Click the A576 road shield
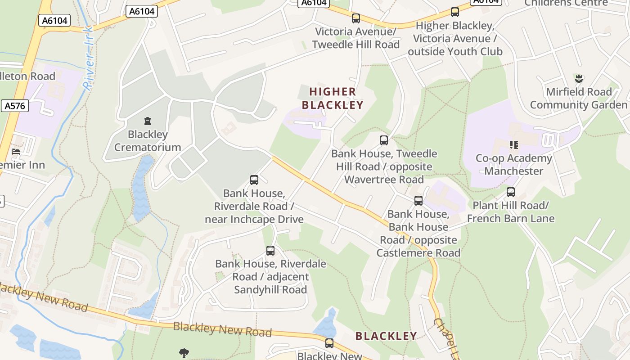pos(14,106)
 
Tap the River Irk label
pos(88,58)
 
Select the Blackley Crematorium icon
pos(148,121)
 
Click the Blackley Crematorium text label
pos(148,141)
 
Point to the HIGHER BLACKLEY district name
pos(333,99)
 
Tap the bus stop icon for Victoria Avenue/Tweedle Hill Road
pos(356,18)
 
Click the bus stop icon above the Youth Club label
pos(455,12)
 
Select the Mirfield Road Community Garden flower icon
pos(579,79)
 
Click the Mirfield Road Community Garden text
pos(579,99)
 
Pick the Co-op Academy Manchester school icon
pos(513,145)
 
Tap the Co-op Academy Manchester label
pos(513,165)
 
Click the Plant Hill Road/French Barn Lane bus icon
pos(511,192)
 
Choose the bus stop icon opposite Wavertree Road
pos(384,140)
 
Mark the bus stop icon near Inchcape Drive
pos(254,180)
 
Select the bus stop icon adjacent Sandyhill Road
pos(270,251)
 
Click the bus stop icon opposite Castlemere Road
pos(418,201)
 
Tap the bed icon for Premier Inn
pos(16,152)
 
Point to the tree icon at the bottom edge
pos(184,353)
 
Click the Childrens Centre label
pos(566,3)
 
